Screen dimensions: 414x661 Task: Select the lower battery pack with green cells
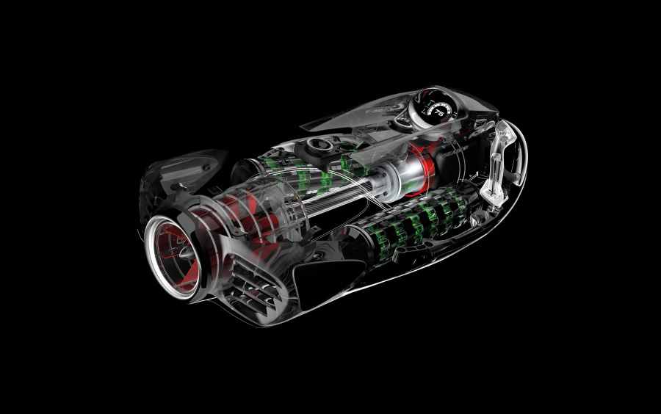pyautogui.click(x=419, y=220)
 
